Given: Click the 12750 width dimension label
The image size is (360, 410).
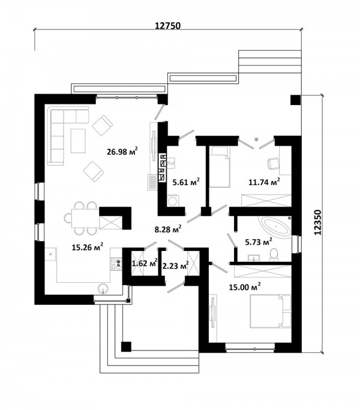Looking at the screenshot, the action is point(167,26).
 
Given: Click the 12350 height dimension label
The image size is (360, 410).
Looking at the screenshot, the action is point(317,222).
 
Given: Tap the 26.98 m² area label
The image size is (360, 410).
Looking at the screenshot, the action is point(122,151).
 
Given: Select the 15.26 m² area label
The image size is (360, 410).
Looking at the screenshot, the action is point(88,247).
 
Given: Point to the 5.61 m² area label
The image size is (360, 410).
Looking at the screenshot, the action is point(187,181).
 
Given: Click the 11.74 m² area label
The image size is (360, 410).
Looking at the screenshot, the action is point(264,181).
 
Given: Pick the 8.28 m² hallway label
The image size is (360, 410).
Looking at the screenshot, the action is point(168,229).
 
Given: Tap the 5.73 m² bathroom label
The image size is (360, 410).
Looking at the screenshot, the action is point(259,241).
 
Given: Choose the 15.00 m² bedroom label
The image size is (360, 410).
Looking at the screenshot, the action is point(245,286).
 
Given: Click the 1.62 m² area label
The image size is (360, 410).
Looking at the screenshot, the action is point(145,263).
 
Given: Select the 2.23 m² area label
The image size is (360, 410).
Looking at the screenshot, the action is point(175,266).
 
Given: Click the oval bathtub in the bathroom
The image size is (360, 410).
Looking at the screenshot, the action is point(276,228).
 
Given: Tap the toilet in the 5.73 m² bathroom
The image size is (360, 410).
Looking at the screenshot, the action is point(274,255).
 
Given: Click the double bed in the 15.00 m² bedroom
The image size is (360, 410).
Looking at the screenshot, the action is point(271,311).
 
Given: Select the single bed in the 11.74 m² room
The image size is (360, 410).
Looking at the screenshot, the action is point(220,167).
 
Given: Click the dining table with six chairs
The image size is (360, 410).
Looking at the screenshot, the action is point(82,218).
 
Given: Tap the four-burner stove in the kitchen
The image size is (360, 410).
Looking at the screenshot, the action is point(116,264).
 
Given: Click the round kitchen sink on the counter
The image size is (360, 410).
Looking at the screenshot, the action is point(103,289).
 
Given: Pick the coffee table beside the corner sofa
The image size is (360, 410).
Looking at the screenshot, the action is point(78,140).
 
